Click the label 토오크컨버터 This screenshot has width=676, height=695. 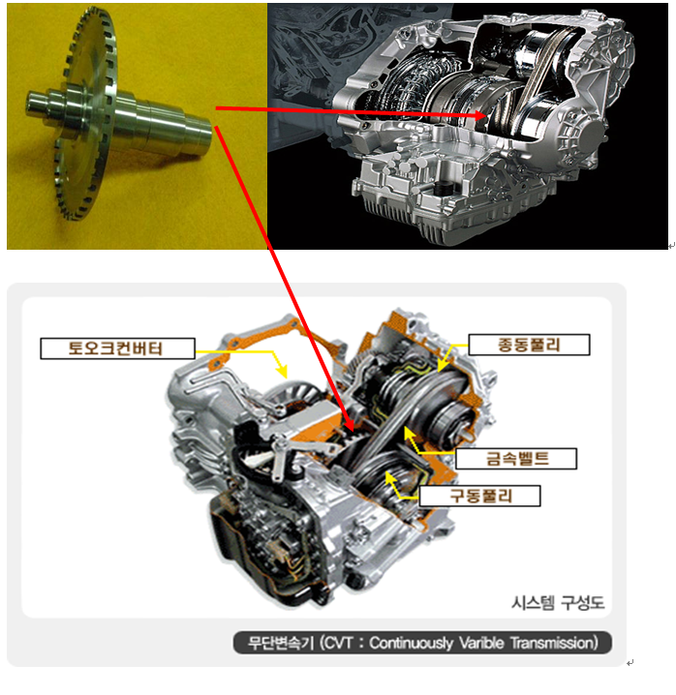[x=117, y=348]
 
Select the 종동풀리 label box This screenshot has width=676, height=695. [x=529, y=345]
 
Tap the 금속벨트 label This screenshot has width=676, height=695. [x=516, y=458]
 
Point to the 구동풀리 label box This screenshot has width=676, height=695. [x=480, y=496]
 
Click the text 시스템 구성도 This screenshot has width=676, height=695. [x=559, y=603]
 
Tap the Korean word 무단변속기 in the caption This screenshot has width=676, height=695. [x=281, y=643]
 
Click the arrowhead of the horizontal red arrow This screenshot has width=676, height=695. [x=479, y=116]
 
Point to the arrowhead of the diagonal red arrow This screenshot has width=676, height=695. [x=349, y=423]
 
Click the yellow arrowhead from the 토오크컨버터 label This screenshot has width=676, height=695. [x=282, y=372]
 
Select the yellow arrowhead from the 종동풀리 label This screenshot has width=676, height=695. [x=441, y=366]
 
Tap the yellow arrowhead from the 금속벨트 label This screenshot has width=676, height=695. [x=409, y=434]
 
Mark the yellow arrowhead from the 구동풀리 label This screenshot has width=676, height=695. [x=390, y=478]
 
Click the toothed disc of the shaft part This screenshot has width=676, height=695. [x=87, y=114]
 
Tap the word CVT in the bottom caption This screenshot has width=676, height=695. [x=339, y=643]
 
